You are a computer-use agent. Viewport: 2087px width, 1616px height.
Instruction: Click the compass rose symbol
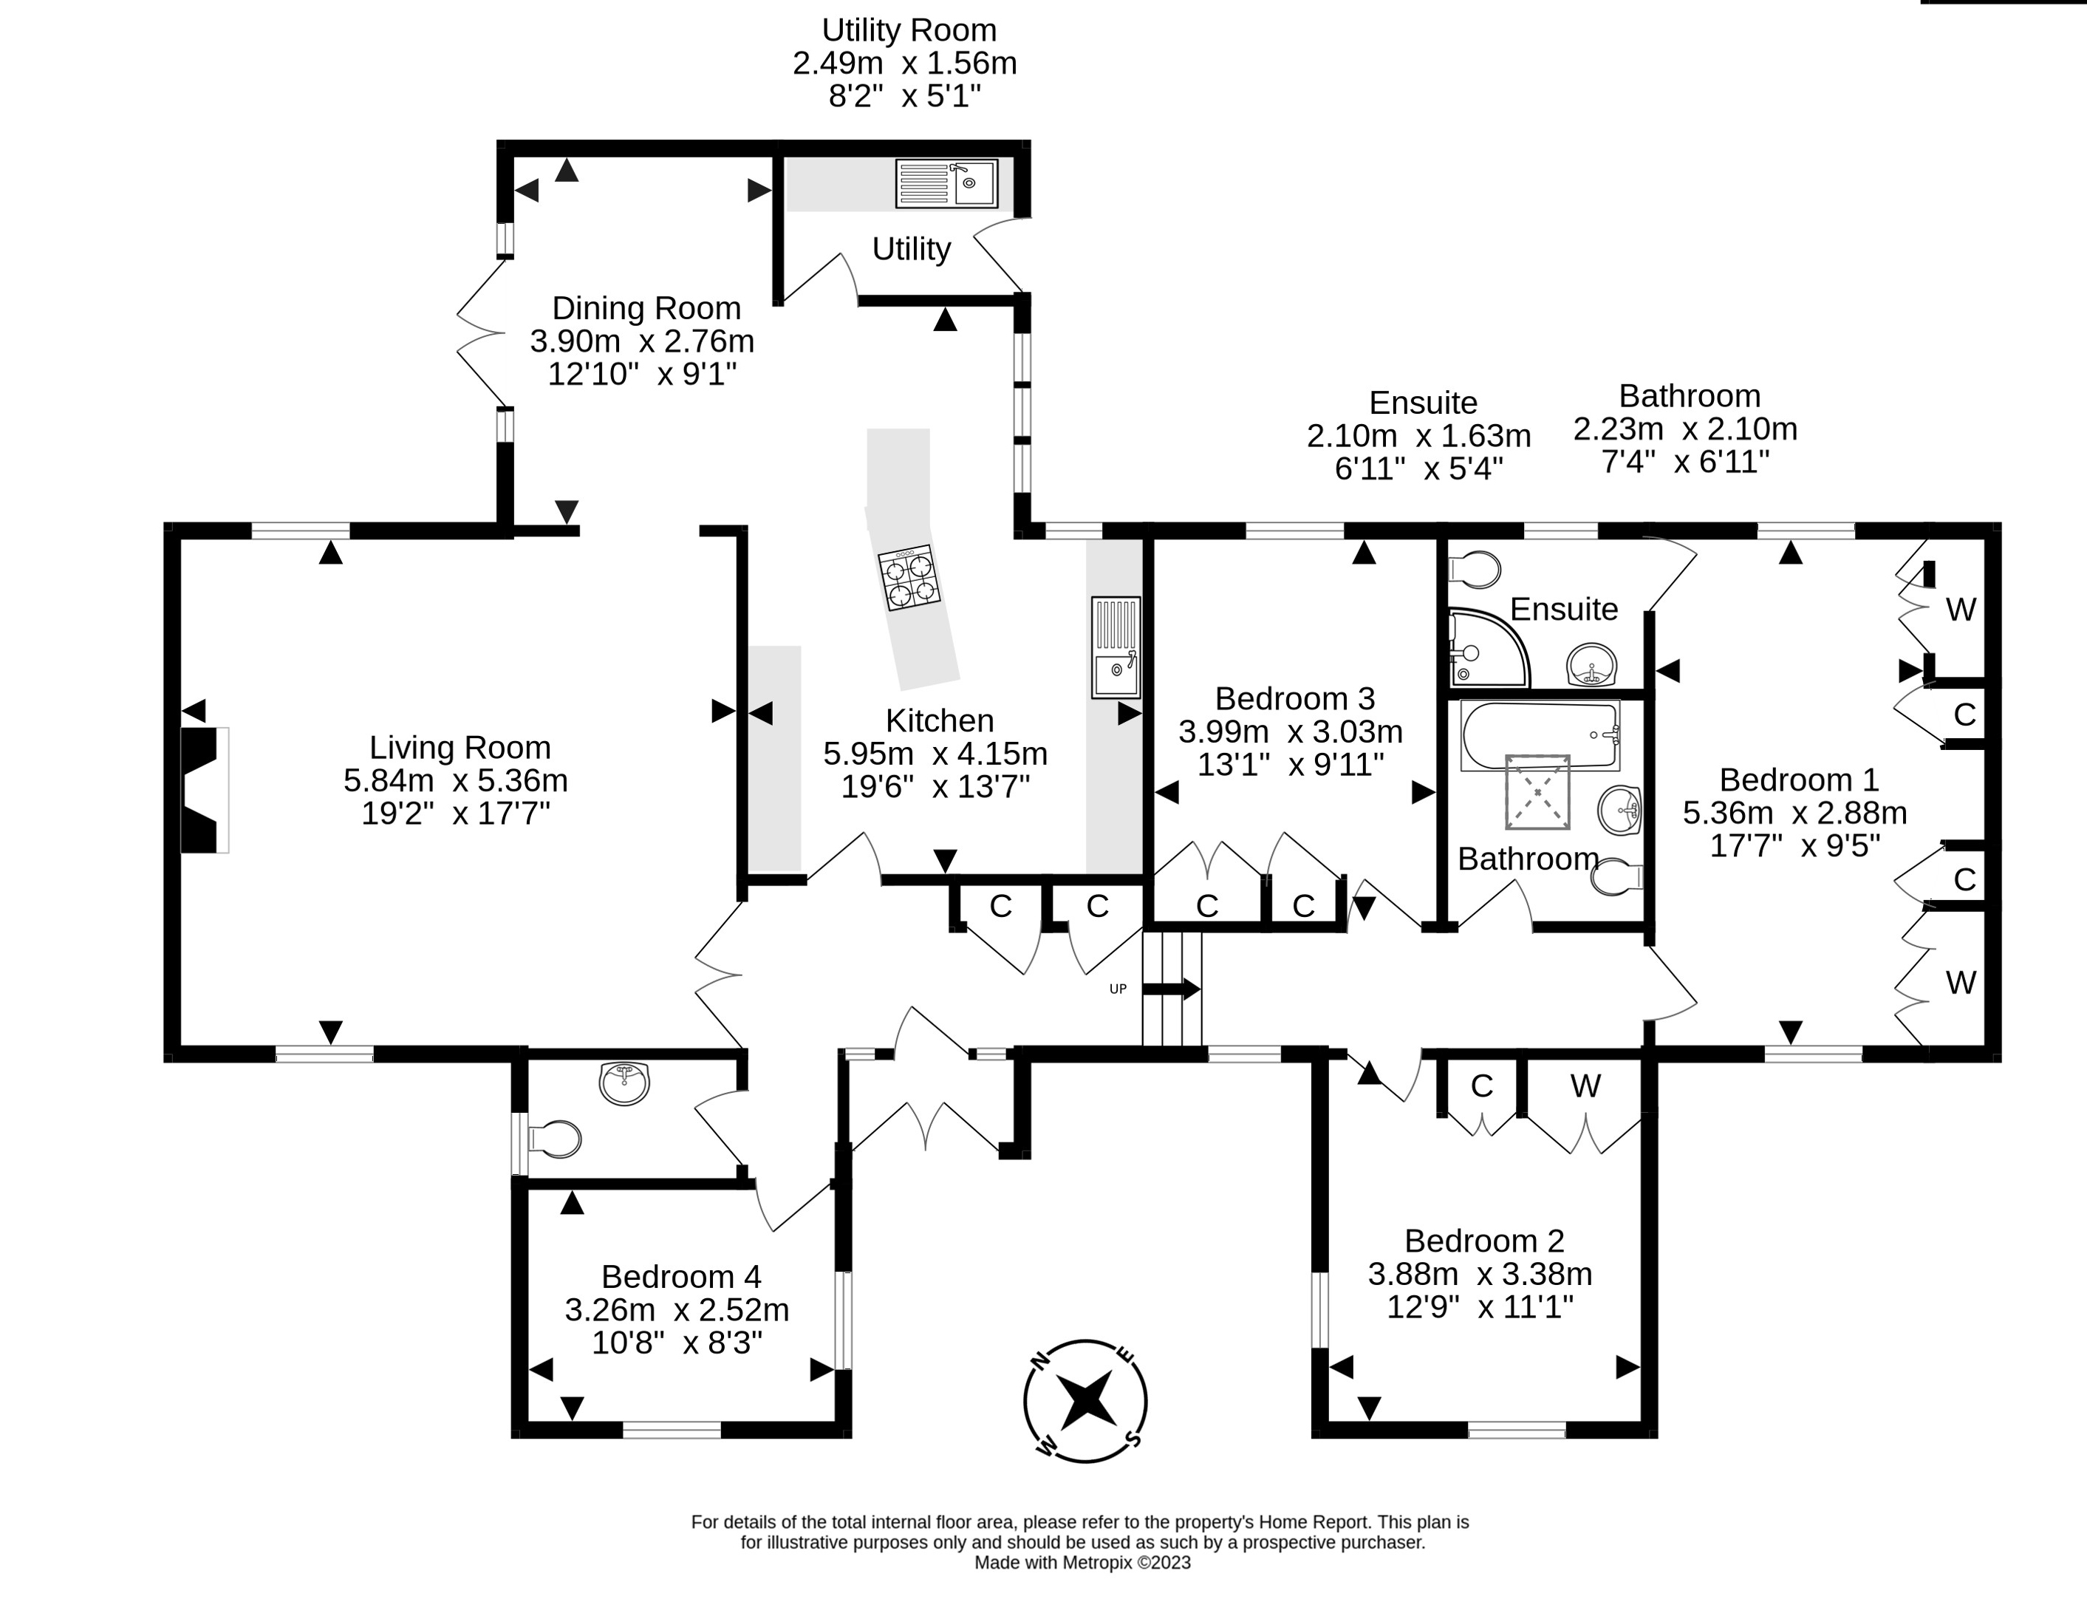(x=1085, y=1401)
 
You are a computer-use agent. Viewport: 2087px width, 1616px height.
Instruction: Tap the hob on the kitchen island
(x=909, y=577)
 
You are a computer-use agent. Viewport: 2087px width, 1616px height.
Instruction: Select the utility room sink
(x=946, y=183)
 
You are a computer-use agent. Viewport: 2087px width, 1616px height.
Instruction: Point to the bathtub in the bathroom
(x=1540, y=735)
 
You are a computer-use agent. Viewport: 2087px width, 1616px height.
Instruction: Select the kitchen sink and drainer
(x=1116, y=648)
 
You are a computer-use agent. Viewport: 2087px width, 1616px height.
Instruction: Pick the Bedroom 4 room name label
(x=681, y=1277)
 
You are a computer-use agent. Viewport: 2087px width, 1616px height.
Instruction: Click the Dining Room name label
(x=647, y=307)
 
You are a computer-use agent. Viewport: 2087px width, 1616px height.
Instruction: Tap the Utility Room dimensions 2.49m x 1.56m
(x=905, y=63)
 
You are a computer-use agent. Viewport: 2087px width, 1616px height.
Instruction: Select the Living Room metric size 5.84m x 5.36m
(x=456, y=781)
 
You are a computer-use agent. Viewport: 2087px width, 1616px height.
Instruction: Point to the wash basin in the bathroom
(x=1619, y=811)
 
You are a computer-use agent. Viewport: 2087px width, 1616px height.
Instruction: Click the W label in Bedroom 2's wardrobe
(x=1585, y=1085)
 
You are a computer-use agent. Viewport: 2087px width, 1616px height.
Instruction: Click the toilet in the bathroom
(x=1617, y=877)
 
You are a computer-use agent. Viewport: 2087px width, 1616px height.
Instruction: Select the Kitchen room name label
(x=940, y=720)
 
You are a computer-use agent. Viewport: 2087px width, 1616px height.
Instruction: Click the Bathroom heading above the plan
(x=1690, y=395)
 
